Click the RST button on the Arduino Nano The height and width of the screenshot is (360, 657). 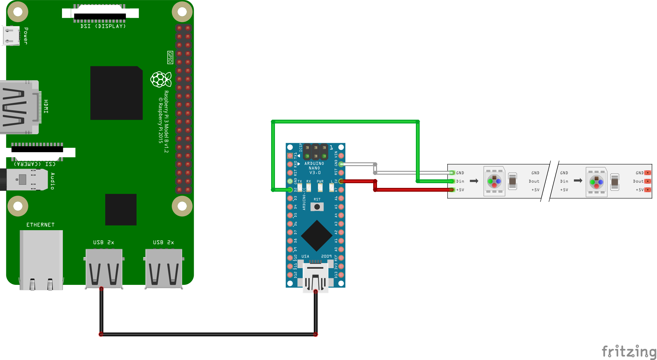click(317, 207)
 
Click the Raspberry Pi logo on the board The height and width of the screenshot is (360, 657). click(161, 79)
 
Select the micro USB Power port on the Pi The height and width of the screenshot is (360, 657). click(11, 36)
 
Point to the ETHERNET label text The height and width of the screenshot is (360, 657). click(40, 225)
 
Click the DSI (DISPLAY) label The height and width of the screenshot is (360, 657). click(103, 26)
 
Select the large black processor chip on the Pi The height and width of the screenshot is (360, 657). click(116, 93)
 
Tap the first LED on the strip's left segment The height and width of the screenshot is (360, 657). click(494, 181)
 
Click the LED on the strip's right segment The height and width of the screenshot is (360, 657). click(596, 182)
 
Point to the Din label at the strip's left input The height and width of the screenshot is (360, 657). click(460, 181)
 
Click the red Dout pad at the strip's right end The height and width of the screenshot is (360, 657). click(648, 181)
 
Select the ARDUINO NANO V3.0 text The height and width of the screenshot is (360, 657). click(314, 168)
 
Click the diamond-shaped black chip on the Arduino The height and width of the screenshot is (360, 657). click(317, 236)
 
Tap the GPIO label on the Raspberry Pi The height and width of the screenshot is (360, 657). click(170, 57)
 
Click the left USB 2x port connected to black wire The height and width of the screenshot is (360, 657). click(104, 268)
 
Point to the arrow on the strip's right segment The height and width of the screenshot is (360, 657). click(578, 181)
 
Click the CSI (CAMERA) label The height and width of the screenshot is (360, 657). click(35, 164)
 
